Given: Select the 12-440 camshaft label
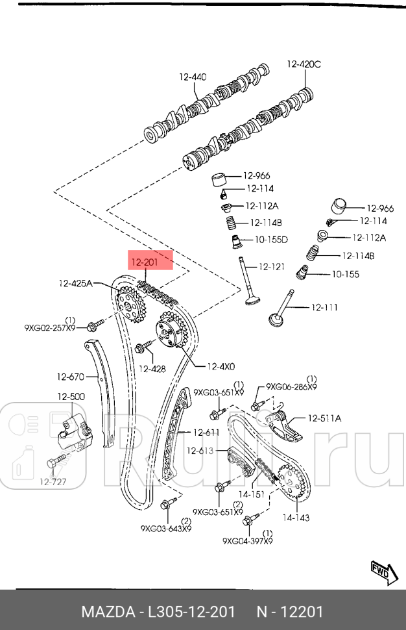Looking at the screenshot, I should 193,77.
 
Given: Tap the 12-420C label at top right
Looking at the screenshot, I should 304,64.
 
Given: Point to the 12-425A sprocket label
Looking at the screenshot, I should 76,283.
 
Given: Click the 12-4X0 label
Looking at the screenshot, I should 221,366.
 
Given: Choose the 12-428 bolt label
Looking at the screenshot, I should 153,369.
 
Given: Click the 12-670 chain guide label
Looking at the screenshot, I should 71,376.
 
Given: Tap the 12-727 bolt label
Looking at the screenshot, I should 53,482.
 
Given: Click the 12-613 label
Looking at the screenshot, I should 200,451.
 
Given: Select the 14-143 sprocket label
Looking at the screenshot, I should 296,518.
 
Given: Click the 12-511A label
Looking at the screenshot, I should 324,418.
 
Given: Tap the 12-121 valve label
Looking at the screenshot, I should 272,266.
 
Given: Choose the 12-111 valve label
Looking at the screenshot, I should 324,307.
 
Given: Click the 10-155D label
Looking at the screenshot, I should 270,240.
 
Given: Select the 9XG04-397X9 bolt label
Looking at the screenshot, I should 247,540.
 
